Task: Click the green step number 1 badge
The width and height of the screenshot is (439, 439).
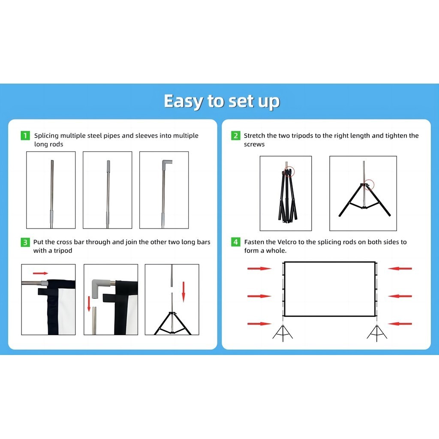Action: click(25, 135)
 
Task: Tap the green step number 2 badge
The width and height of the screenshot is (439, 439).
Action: click(235, 135)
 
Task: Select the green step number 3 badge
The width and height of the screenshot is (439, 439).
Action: click(25, 242)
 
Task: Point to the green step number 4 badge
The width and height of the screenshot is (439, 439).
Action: click(235, 242)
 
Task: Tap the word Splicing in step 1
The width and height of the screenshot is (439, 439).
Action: click(46, 136)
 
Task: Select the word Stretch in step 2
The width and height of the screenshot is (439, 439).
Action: click(254, 135)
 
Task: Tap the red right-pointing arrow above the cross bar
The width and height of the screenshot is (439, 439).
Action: click(41, 273)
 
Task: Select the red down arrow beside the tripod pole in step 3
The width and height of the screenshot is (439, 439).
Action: click(183, 292)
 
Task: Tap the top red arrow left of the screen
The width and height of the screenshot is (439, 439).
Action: click(259, 268)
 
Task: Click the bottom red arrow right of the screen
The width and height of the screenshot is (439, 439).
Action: click(400, 324)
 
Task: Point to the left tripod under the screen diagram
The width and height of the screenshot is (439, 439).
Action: click(283, 333)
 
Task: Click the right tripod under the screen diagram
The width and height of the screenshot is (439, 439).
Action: click(377, 333)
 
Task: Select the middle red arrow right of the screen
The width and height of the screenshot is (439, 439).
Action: click(400, 296)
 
